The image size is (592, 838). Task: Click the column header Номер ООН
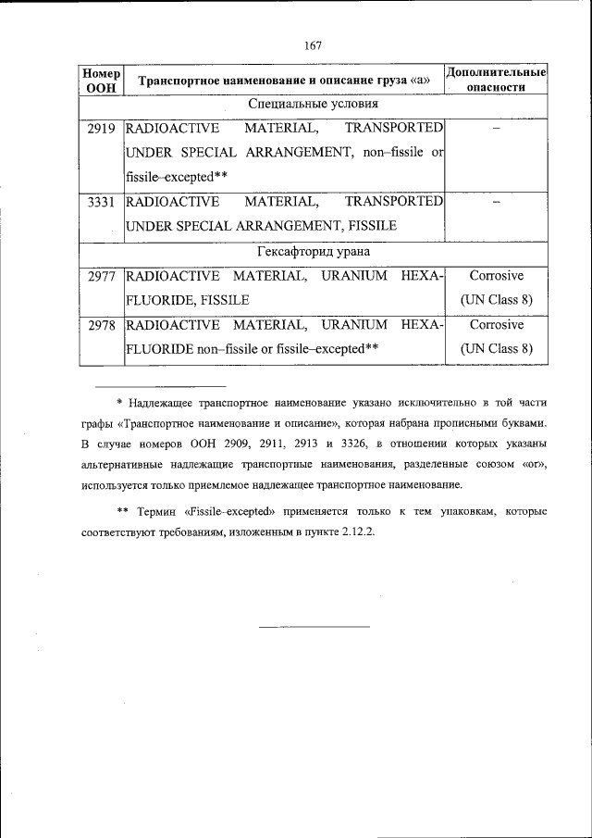click(100, 80)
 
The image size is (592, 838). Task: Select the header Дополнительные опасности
click(497, 80)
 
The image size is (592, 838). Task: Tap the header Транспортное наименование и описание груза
click(284, 81)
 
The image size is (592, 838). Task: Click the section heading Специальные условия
click(313, 105)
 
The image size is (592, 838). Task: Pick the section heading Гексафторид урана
click(313, 252)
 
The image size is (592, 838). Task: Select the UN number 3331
click(100, 202)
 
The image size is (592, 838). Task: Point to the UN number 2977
click(100, 276)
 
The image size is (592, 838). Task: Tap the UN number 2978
click(100, 325)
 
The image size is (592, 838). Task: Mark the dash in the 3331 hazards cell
click(497, 203)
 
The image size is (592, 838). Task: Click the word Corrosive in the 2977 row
click(497, 276)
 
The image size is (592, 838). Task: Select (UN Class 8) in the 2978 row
click(497, 349)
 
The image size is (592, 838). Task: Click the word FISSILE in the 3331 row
click(372, 226)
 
